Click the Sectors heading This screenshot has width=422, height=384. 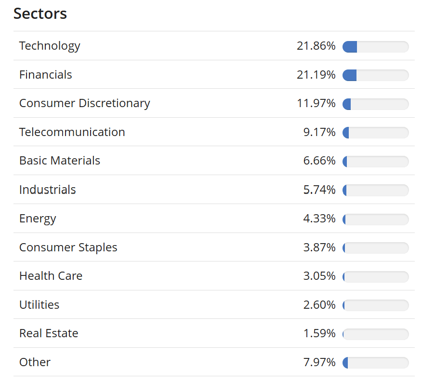pos(40,14)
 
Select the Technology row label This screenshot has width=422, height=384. pos(50,46)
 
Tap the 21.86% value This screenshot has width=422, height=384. pos(316,46)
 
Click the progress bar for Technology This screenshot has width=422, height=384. pos(375,47)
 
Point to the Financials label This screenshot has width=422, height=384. pos(45,75)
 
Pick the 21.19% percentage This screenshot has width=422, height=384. pos(316,75)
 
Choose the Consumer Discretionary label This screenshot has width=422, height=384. pos(84,103)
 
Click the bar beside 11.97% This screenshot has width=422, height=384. pos(375,104)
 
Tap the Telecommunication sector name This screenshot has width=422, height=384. pos(72,132)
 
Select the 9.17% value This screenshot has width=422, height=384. pos(319,132)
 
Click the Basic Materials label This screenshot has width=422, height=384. pos(60,161)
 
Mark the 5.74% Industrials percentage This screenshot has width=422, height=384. pos(319,190)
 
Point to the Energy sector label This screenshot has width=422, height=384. pos(38,219)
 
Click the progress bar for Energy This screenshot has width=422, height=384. pos(375,219)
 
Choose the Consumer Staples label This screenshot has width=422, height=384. pos(68,247)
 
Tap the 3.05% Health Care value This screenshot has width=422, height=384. pos(319,276)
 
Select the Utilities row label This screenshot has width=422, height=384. pos(39,305)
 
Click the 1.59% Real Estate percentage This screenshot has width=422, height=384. pos(319,333)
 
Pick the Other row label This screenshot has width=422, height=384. pos(35,362)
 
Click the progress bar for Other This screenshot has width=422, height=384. pos(375,363)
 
